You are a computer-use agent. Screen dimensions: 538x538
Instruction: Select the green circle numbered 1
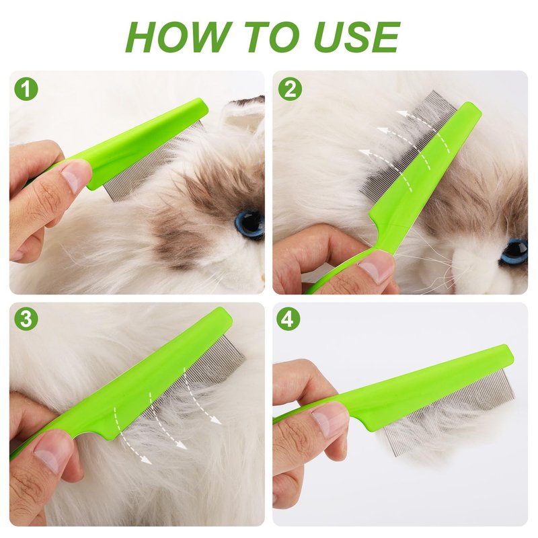click(x=26, y=89)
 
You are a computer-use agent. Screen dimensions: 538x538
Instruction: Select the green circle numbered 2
click(x=291, y=89)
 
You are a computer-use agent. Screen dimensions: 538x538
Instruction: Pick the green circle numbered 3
click(x=26, y=319)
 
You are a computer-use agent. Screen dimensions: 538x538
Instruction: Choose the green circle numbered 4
click(x=289, y=319)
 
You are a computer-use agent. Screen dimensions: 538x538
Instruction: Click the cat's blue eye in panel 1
click(x=249, y=223)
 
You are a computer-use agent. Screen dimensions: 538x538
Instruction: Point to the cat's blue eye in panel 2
click(x=513, y=253)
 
